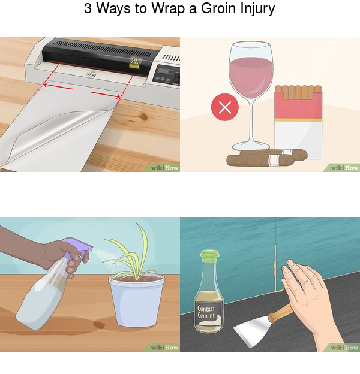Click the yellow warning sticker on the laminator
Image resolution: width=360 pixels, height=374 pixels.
(134, 64)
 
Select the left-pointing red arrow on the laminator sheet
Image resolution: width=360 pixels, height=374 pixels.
(58, 86)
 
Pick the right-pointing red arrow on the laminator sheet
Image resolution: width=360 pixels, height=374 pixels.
(106, 95)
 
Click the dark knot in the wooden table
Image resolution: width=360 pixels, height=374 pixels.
(144, 117)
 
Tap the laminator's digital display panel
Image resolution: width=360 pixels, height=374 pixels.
(164, 71)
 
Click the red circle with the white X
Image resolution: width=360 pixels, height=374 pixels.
(224, 107)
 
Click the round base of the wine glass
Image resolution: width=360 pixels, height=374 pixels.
(251, 146)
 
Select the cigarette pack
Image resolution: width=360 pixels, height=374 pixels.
(298, 122)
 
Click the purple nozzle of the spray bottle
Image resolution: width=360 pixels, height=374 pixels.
(78, 247)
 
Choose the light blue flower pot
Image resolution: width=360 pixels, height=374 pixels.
(137, 300)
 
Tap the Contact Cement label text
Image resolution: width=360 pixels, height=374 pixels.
(206, 312)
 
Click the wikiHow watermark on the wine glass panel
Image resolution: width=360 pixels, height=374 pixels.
(344, 168)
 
